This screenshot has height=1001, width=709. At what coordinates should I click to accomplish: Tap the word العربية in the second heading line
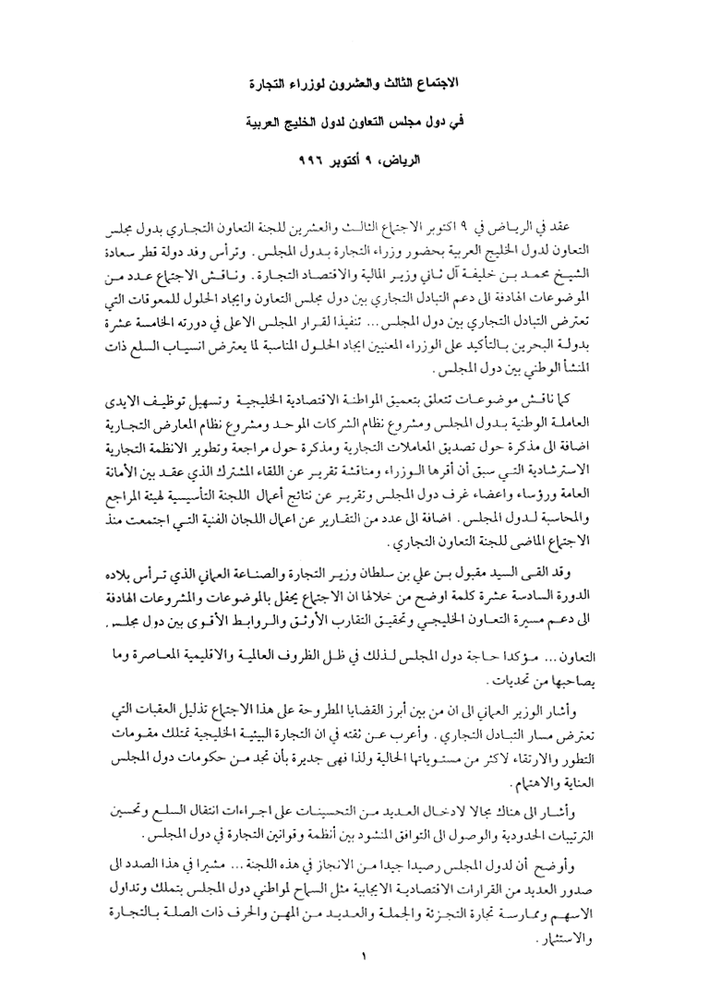click(x=279, y=121)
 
